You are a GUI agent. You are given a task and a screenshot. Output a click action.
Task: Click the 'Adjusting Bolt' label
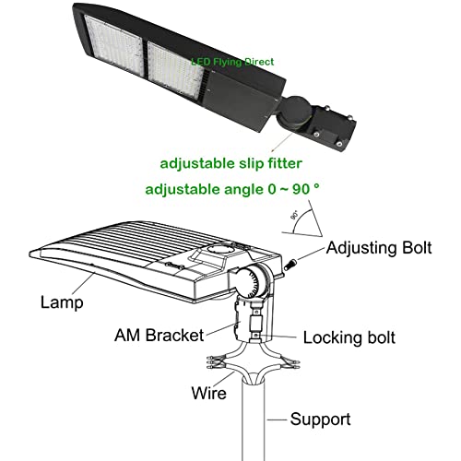click(x=379, y=248)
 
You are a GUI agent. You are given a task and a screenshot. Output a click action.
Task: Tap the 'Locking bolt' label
click(x=349, y=337)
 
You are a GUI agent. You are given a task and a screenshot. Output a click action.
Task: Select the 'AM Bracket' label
click(x=159, y=335)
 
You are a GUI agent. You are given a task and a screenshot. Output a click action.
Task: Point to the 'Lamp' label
click(x=62, y=302)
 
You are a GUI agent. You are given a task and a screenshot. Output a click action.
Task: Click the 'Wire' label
click(x=208, y=393)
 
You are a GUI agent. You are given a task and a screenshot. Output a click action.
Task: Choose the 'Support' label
click(x=320, y=420)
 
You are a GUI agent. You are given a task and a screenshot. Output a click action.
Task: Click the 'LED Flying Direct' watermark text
click(x=232, y=62)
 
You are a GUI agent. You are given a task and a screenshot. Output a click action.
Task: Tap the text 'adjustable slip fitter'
click(x=231, y=163)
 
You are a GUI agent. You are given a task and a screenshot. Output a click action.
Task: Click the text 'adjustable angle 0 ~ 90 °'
click(x=232, y=189)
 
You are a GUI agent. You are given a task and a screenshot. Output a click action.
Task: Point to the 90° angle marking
click(x=294, y=215)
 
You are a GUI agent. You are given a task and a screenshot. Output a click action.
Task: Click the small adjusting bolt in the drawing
click(x=290, y=265)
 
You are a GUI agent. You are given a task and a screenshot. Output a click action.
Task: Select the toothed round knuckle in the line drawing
click(x=251, y=281)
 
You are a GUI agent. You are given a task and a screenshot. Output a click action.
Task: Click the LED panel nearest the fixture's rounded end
click(x=114, y=41)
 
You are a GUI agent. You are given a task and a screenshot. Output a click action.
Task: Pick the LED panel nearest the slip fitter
click(x=176, y=70)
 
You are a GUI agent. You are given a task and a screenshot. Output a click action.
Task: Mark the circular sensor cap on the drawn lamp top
click(x=219, y=250)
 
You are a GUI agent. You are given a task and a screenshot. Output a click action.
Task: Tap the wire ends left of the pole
click(x=217, y=362)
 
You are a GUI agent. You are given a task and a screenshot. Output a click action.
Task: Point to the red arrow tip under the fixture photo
click(x=272, y=150)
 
